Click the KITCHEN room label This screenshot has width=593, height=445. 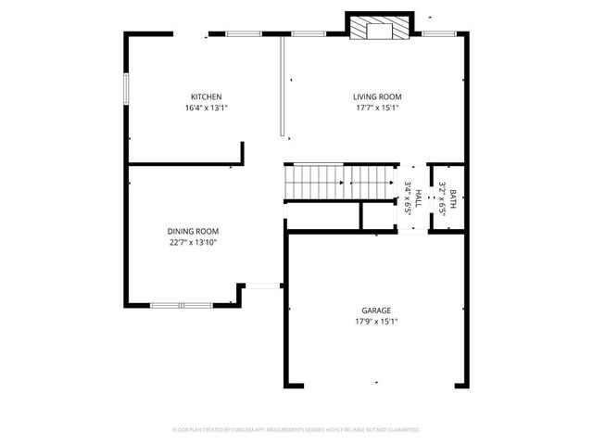206,97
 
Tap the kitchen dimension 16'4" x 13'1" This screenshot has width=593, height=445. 206,108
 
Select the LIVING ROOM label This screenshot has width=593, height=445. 376,97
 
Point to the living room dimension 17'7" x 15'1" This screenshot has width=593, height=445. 376,108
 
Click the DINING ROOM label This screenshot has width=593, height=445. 193,232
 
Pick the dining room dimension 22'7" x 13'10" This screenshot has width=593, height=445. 193,243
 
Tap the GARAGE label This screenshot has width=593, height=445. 376,311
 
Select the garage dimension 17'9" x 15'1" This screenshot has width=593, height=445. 376,322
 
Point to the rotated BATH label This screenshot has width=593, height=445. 453,197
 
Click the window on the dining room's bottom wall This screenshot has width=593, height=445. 181,304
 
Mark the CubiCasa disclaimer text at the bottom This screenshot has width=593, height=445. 296,430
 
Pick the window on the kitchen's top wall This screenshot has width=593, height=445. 243,34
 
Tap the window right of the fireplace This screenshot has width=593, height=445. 437,34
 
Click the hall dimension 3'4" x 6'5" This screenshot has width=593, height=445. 408,197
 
